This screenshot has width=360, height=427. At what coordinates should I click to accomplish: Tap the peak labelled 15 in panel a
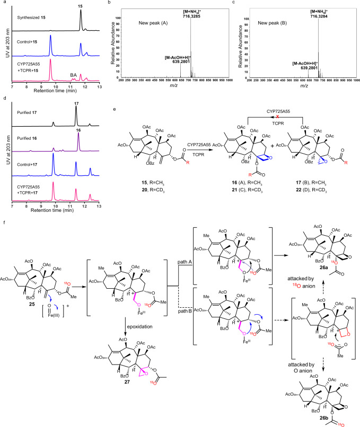coord(81,7)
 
